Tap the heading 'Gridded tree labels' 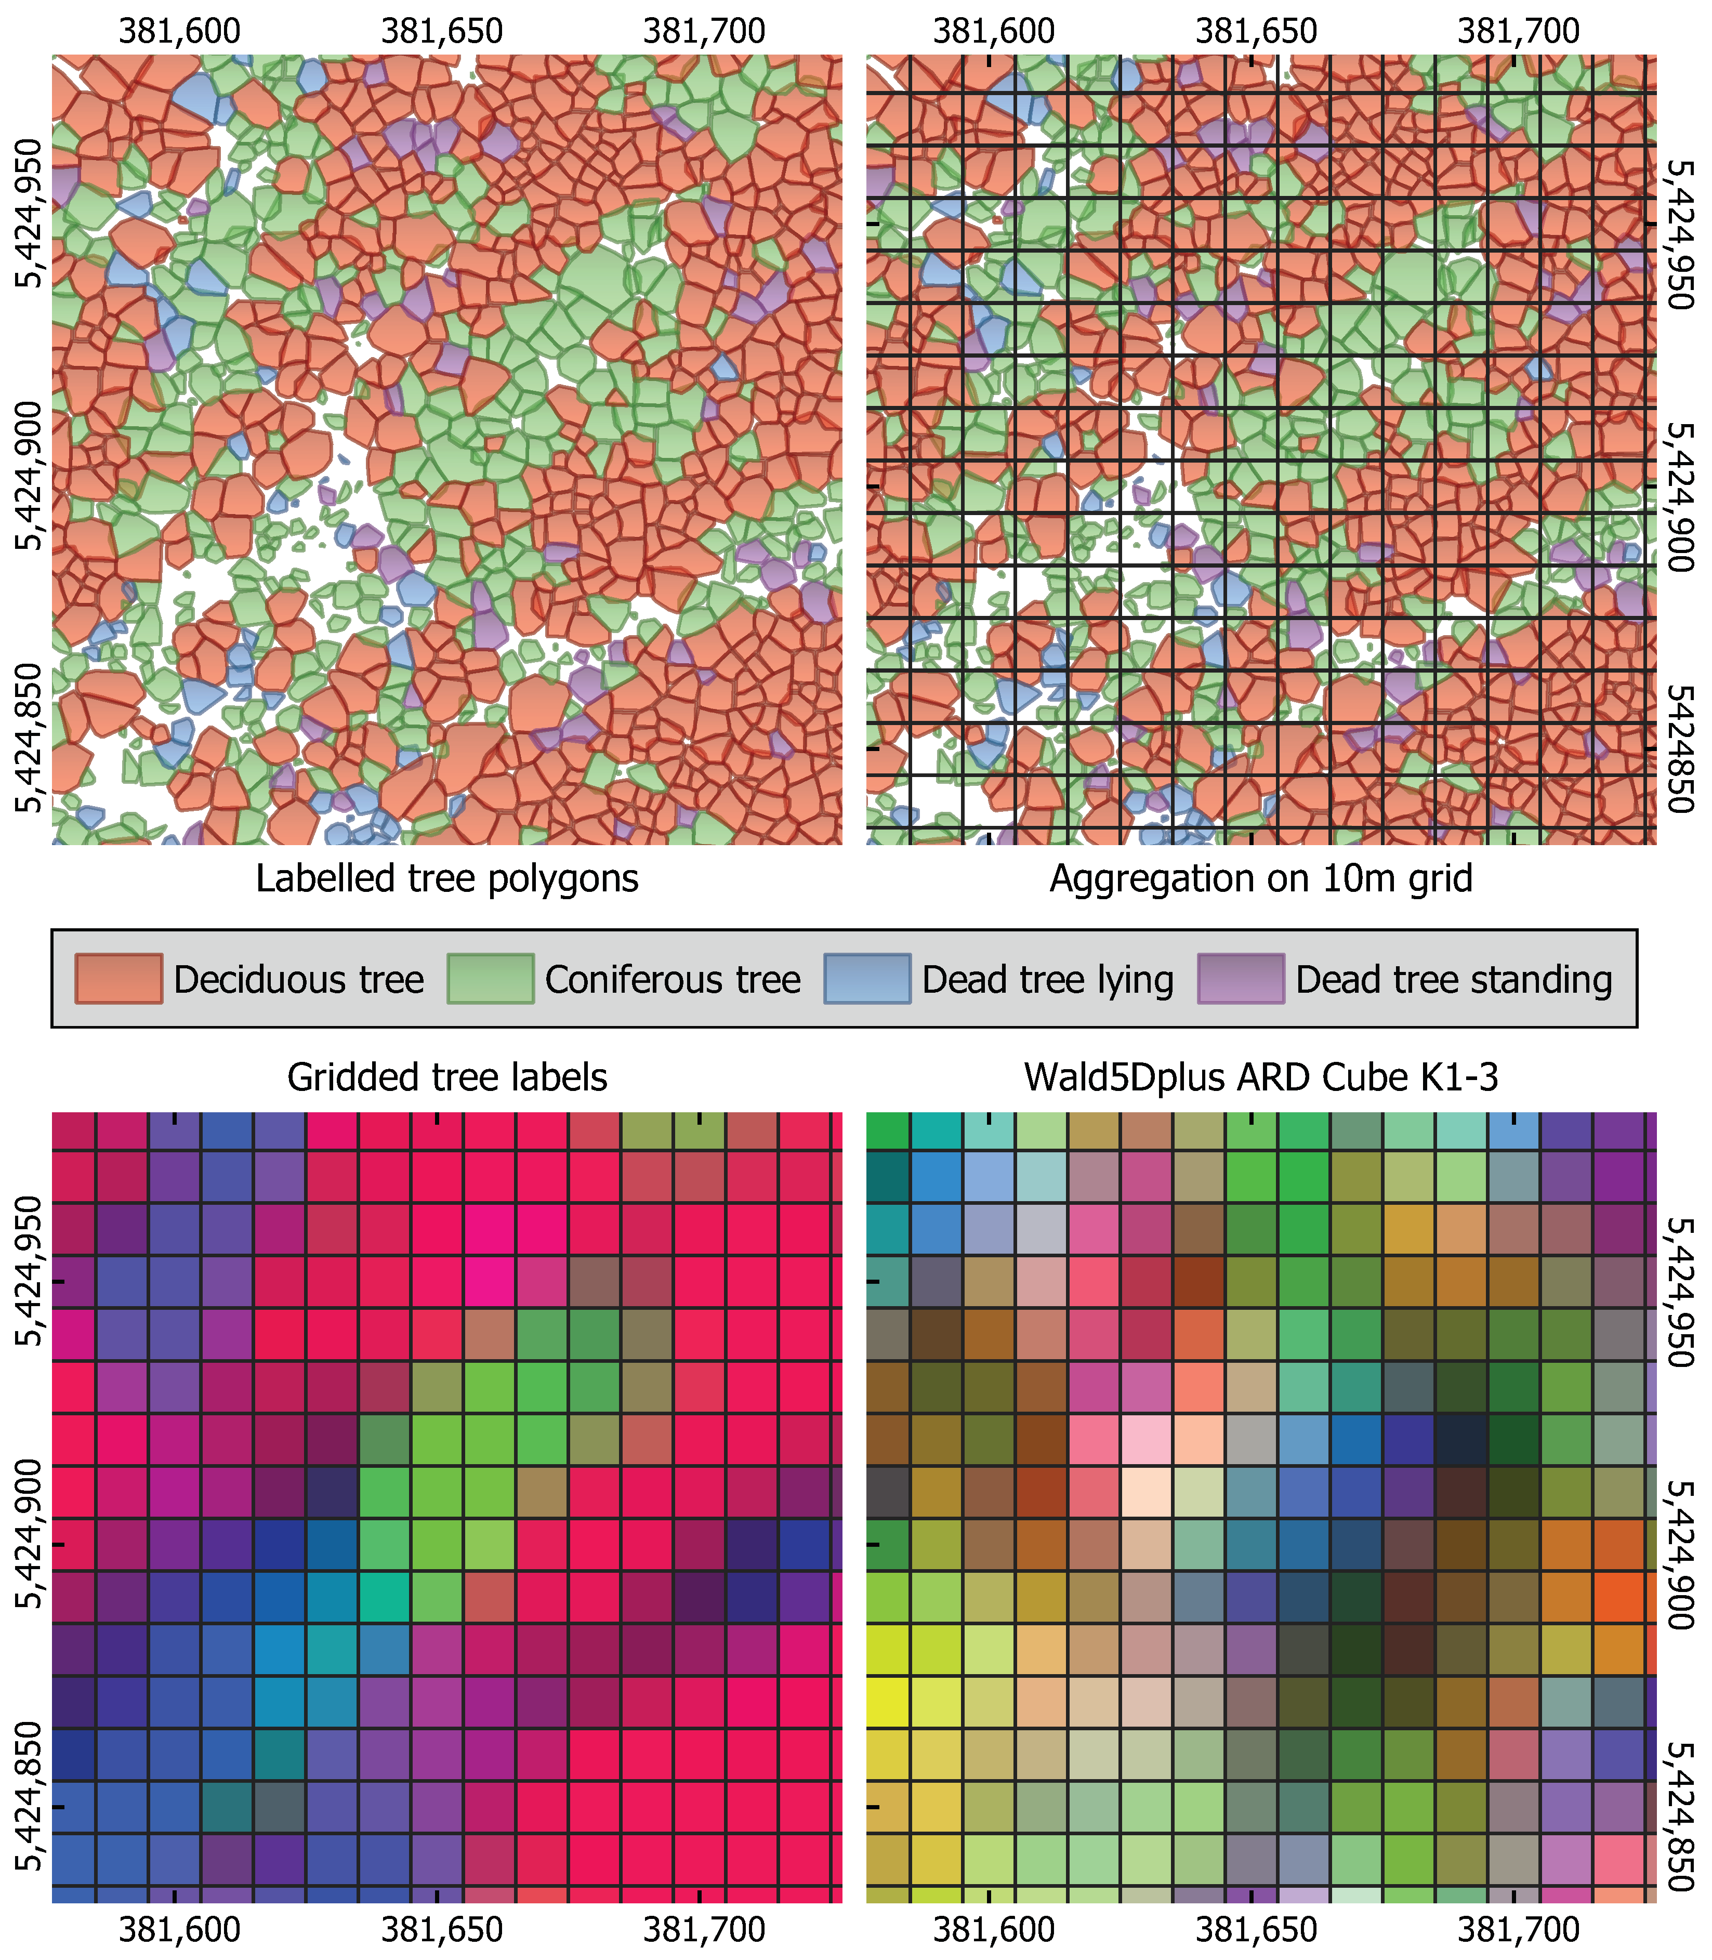[x=447, y=1077]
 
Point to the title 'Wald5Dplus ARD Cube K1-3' [x=1261, y=1077]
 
